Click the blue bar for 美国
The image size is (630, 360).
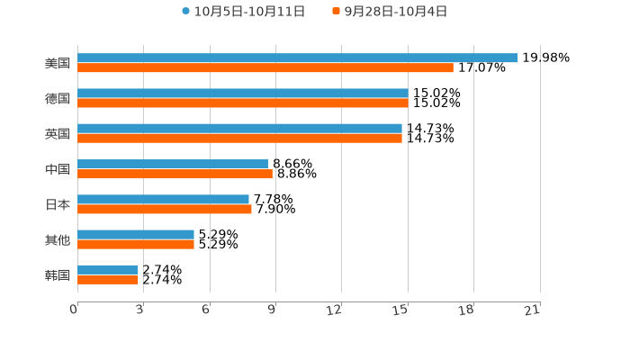click(297, 58)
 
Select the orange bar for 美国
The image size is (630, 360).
click(265, 67)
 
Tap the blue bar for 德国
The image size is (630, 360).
click(242, 93)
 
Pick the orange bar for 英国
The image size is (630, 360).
click(239, 139)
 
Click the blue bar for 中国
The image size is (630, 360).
click(173, 164)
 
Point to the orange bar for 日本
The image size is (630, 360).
click(165, 210)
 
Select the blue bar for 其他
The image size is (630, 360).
click(136, 234)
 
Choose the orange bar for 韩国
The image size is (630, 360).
click(108, 280)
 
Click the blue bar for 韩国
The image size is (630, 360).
click(108, 269)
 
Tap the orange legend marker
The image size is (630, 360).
click(336, 12)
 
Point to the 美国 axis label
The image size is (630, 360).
click(58, 63)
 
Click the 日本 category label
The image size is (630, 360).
click(58, 204)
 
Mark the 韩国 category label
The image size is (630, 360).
click(58, 274)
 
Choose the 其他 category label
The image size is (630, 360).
click(58, 239)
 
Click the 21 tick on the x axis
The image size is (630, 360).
click(532, 310)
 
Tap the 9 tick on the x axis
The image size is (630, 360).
click(271, 310)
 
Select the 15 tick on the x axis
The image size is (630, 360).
click(401, 310)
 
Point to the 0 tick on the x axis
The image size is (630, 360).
click(74, 310)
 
